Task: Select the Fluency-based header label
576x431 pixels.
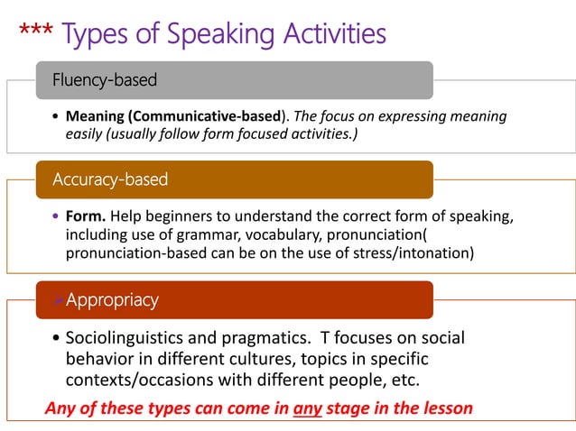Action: [104, 80]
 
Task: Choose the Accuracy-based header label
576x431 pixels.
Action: [110, 179]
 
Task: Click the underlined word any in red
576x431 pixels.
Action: [308, 408]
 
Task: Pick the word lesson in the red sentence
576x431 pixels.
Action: [448, 408]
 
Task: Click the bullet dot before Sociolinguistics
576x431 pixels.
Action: [58, 339]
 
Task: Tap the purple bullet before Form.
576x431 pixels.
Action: [57, 217]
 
